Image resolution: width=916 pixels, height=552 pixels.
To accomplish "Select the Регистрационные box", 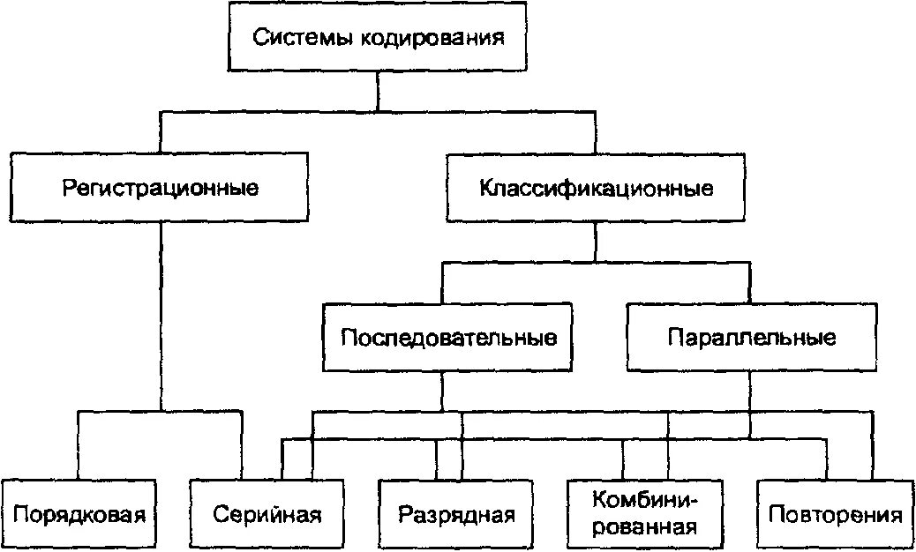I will (x=160, y=188).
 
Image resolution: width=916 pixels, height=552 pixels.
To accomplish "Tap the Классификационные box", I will (x=595, y=188).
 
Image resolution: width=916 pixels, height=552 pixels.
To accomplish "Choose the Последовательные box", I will (x=447, y=338).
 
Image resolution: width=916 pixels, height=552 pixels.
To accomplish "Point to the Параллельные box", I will (x=752, y=338).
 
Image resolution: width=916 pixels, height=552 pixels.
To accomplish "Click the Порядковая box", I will (x=79, y=514).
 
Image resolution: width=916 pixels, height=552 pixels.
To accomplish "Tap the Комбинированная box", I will (x=646, y=514).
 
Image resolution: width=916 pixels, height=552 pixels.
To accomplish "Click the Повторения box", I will (x=835, y=514).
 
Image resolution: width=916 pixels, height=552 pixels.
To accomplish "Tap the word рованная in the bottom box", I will (x=645, y=527).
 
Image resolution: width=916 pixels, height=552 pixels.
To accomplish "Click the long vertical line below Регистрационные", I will (x=161, y=317).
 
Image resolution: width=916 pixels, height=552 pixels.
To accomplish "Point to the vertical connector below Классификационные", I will (x=596, y=242).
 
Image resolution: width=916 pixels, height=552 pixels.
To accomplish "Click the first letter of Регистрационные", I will (x=68, y=189).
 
